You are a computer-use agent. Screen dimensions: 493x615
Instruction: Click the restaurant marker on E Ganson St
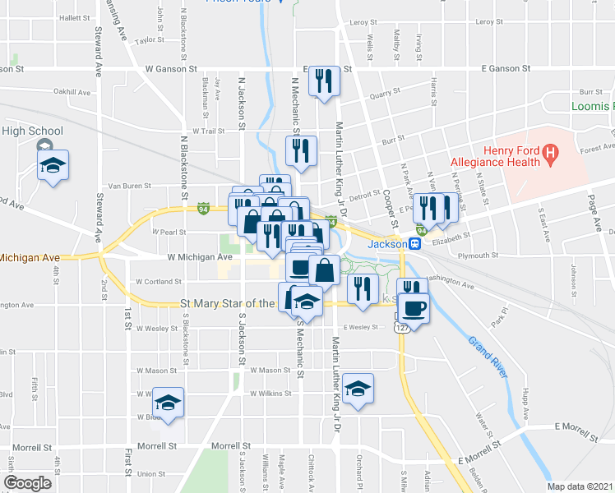pyautogui.click(x=324, y=81)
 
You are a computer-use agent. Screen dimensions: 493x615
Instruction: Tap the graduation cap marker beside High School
pyautogui.click(x=53, y=164)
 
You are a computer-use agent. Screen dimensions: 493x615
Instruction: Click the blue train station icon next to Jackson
pyautogui.click(x=416, y=244)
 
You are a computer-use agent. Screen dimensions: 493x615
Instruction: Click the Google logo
pyautogui.click(x=28, y=483)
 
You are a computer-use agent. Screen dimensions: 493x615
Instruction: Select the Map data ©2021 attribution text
pyautogui.click(x=580, y=486)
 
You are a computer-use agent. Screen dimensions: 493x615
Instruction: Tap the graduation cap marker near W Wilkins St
pyautogui.click(x=358, y=389)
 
